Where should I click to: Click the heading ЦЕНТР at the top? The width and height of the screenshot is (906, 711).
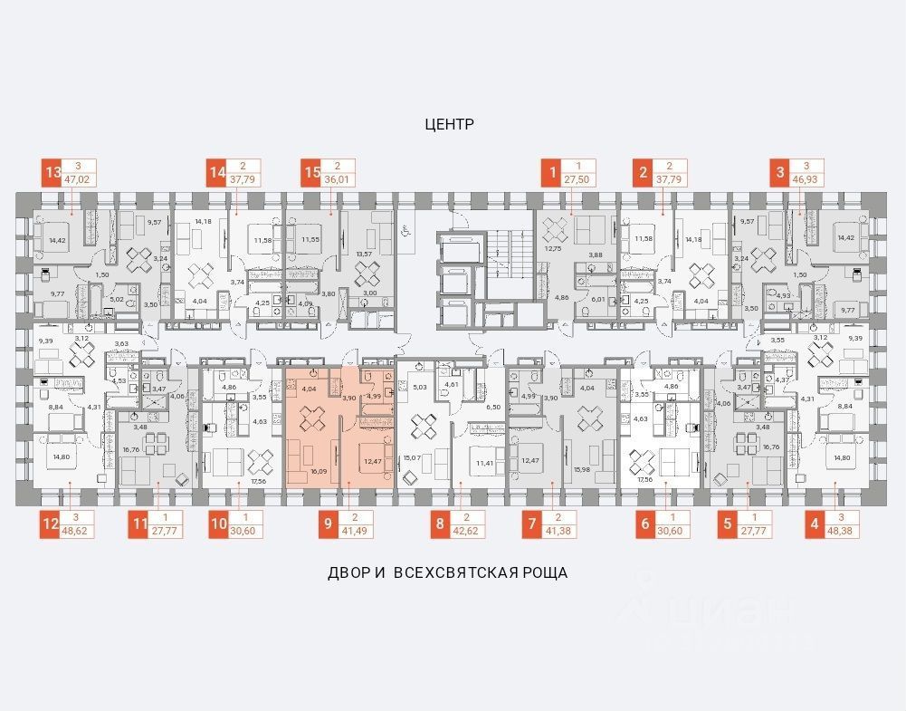click(449, 125)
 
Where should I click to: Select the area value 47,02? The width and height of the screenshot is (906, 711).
click(82, 180)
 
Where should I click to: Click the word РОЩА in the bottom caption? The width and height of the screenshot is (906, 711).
click(542, 572)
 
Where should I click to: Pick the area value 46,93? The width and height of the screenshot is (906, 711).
click(807, 180)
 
